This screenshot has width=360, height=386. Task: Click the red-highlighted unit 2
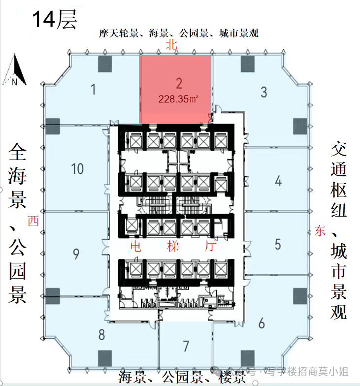click(175, 89)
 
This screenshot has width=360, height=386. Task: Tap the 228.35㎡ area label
click(178, 99)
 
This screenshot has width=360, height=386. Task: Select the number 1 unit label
click(93, 90)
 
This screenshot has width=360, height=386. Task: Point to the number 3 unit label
click(264, 92)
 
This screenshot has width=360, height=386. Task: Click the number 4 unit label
click(278, 181)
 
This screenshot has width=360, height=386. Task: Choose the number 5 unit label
click(278, 244)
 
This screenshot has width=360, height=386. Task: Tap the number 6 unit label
click(262, 323)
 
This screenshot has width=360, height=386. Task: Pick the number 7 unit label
click(186, 346)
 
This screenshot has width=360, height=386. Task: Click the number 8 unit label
click(101, 335)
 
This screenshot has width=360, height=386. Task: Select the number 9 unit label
click(76, 254)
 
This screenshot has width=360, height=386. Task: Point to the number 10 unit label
click(77, 169)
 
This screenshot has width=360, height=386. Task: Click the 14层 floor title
click(54, 19)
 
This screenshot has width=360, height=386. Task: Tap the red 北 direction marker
click(171, 44)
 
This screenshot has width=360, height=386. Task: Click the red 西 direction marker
click(33, 221)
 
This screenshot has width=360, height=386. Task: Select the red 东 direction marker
click(320, 231)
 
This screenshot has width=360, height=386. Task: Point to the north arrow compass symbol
click(15, 70)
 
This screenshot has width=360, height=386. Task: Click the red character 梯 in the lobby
click(173, 246)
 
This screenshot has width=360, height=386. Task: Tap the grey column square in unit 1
click(105, 64)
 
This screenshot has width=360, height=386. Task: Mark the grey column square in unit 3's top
click(247, 64)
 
